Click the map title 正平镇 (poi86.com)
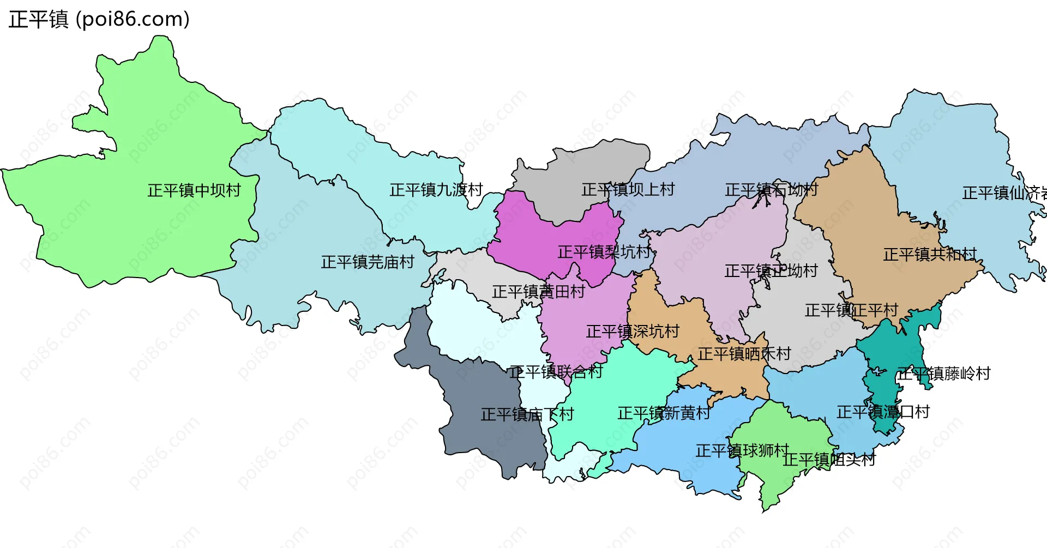tap(99, 20)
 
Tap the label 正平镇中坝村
tap(194, 190)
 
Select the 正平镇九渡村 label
tap(436, 190)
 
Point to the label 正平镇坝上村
tap(628, 190)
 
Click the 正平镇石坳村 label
tap(771, 190)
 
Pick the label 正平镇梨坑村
tap(604, 252)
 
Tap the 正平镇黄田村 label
tap(538, 292)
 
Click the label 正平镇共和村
tap(930, 255)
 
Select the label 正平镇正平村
tap(851, 310)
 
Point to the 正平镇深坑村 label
tap(633, 332)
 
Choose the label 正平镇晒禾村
tap(744, 354)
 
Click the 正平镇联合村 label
tap(556, 372)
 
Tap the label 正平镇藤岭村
tap(944, 374)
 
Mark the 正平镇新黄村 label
tap(664, 413)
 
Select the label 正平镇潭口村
tap(883, 412)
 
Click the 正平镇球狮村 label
tap(742, 451)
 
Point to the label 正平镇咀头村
tap(829, 460)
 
